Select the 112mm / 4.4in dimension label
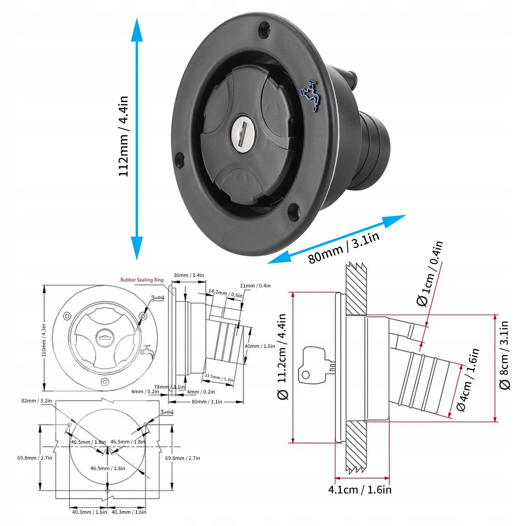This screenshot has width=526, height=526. click(x=123, y=136)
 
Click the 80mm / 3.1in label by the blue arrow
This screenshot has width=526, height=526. click(x=344, y=247)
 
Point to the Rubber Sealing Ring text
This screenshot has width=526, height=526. click(x=142, y=280)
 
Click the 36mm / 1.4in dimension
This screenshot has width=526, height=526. click(x=189, y=275)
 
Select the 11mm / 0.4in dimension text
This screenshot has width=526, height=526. click(x=255, y=286)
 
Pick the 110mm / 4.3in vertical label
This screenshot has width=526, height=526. click(x=44, y=340)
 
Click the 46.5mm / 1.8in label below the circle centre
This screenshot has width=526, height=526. click(x=108, y=469)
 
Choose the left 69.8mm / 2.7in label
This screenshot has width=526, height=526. click(x=34, y=458)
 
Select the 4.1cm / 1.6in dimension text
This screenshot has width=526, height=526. click(x=360, y=490)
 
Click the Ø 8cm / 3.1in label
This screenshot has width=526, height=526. click(x=504, y=355)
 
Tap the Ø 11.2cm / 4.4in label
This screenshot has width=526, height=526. click(x=282, y=356)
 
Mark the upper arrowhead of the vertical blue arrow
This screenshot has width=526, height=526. click(x=137, y=30)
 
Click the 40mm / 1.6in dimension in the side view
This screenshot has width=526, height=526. click(x=260, y=346)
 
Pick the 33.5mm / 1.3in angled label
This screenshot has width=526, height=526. click(x=219, y=378)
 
